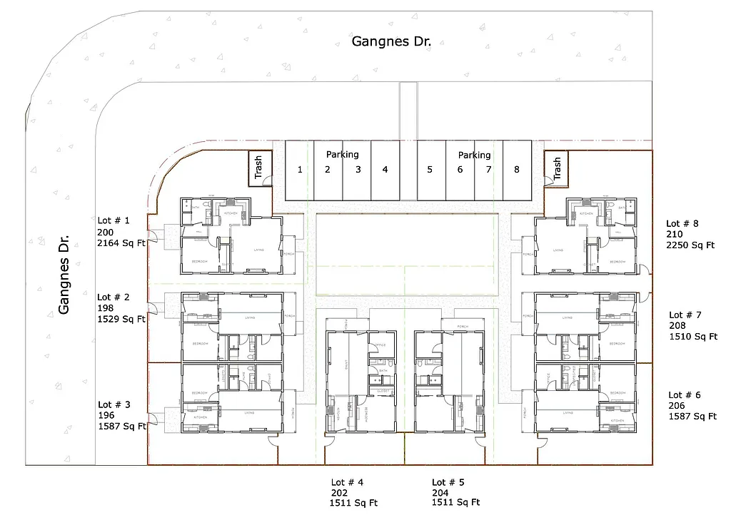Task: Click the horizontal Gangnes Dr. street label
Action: point(392,41)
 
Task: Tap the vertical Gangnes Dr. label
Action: point(64,273)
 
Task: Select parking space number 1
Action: point(300,170)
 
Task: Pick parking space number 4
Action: point(385,170)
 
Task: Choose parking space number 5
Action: point(430,170)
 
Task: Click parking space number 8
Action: point(516,170)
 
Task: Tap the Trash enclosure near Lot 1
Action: point(258,168)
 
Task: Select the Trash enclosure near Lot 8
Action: point(556,168)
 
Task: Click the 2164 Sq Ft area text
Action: point(121,243)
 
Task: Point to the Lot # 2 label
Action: point(114,297)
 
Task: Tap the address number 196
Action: point(105,416)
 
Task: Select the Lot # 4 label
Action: point(347,482)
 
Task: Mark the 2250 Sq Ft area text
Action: point(690,245)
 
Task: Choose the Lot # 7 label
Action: point(685,315)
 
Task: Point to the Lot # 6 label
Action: point(685,395)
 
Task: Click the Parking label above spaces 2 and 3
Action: point(343,154)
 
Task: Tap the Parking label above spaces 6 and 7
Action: point(474,155)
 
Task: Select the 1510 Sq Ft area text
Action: point(692,337)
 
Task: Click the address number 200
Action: point(105,232)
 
